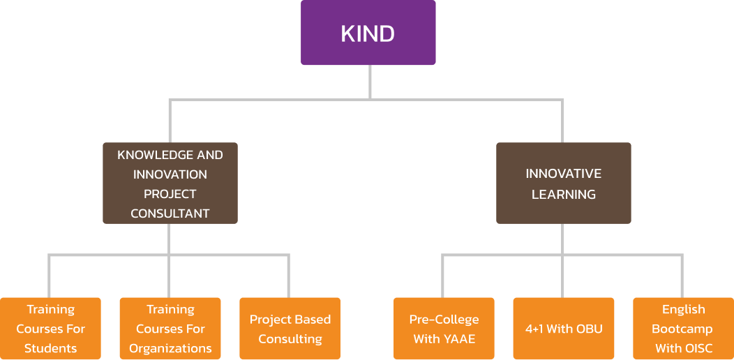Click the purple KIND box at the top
click(x=368, y=33)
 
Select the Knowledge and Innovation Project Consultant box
click(x=170, y=183)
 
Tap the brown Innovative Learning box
click(x=563, y=183)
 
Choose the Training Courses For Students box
click(x=50, y=329)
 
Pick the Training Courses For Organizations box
click(x=170, y=329)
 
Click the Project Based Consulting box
click(x=290, y=329)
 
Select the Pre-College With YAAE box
click(x=444, y=329)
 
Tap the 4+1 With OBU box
click(x=563, y=329)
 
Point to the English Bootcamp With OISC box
click(x=683, y=329)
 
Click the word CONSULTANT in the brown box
click(x=170, y=213)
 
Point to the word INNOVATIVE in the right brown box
click(x=563, y=174)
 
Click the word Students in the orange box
click(x=50, y=348)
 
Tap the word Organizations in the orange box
click(x=170, y=348)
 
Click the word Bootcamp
click(x=682, y=329)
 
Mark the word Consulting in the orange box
click(x=290, y=339)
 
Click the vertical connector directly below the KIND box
click(x=370, y=82)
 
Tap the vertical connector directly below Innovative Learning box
click(x=563, y=239)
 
